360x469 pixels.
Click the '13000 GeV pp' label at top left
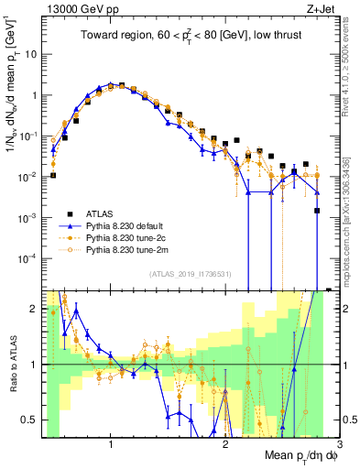(74, 9)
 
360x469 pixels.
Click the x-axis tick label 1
(111, 443)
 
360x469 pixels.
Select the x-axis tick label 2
(225, 443)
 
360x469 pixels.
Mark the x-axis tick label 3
(339, 443)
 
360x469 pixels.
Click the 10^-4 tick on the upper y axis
(29, 258)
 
